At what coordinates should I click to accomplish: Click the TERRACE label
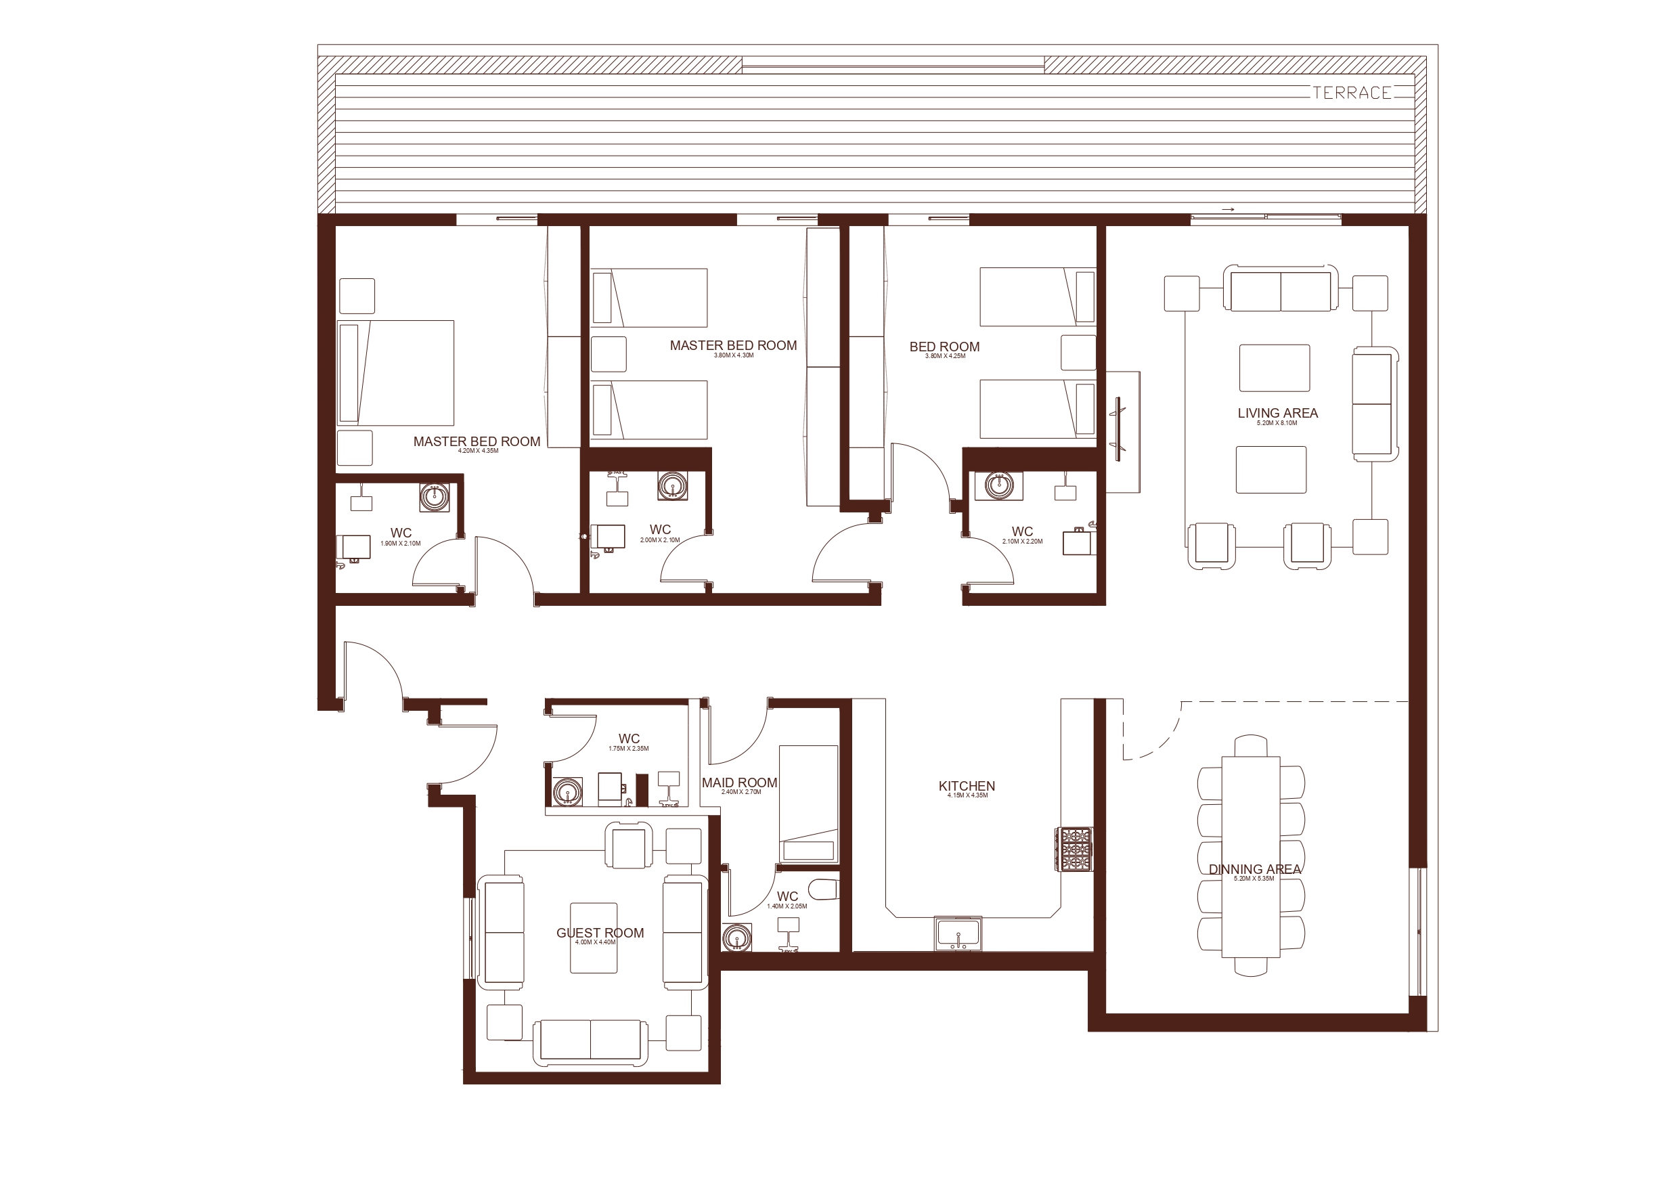[x=1352, y=93]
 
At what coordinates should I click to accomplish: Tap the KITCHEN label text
[x=967, y=786]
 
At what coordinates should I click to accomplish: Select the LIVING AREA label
[x=1277, y=413]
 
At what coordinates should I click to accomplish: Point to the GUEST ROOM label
[x=600, y=933]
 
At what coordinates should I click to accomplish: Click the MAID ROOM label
[x=739, y=783]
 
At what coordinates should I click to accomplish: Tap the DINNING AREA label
[x=1255, y=869]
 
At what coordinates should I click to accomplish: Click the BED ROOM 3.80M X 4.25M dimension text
[x=945, y=357]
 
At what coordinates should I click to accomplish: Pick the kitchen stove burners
[x=1074, y=848]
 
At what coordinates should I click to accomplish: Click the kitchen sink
[x=958, y=933]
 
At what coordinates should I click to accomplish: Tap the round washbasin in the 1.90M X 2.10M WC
[x=435, y=496]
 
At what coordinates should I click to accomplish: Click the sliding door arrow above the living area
[x=1228, y=210]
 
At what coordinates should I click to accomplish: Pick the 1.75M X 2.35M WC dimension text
[x=629, y=749]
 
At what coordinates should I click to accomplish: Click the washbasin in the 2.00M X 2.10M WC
[x=671, y=485]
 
